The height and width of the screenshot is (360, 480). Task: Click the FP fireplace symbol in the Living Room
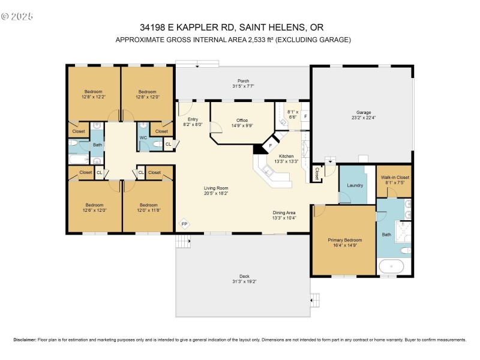tap(184, 224)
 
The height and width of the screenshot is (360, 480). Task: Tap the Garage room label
tap(364, 112)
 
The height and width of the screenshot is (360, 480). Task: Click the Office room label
tap(242, 120)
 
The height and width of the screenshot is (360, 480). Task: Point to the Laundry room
tap(355, 185)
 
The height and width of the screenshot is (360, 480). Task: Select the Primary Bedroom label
tap(344, 240)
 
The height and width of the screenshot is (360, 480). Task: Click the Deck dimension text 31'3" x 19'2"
tap(244, 281)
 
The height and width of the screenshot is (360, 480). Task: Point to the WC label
tap(143, 137)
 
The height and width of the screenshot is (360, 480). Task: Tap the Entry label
tap(193, 120)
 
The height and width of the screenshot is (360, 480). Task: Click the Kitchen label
tap(286, 156)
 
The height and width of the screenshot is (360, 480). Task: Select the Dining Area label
tap(284, 213)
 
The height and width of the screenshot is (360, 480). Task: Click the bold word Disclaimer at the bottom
tap(26, 340)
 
